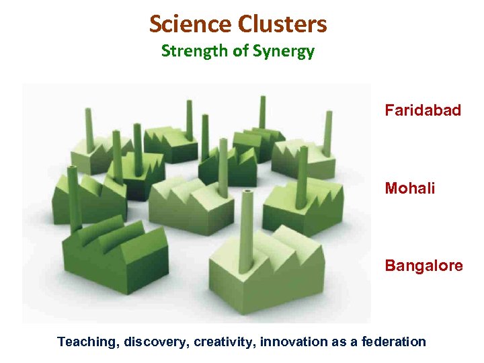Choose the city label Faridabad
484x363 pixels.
(423, 110)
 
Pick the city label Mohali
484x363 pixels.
(410, 188)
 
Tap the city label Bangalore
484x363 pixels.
(424, 266)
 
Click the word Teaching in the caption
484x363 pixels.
(87, 342)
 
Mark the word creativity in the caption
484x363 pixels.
(225, 342)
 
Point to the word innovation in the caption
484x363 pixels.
(294, 342)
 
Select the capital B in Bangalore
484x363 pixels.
(390, 266)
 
